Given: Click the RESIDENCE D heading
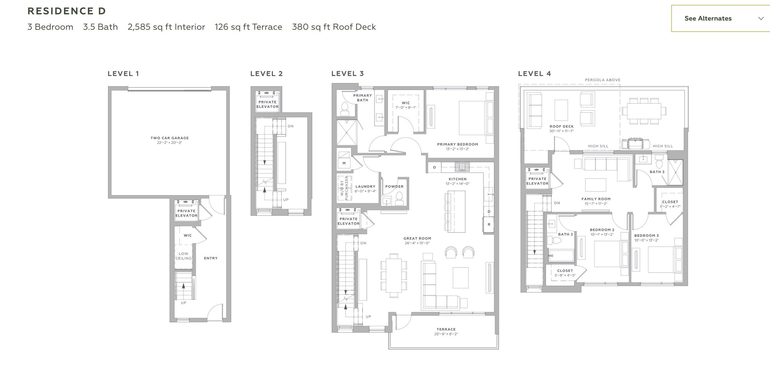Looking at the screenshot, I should coord(66,11).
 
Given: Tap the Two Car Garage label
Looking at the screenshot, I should coord(170,138).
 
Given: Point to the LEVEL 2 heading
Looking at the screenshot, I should coord(266,74).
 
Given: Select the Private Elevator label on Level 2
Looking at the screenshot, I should coord(267,104).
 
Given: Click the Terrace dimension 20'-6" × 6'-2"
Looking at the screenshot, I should coord(446,334).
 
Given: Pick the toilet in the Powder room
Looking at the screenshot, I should coord(399,198).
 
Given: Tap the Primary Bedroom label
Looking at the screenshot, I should coord(457,145).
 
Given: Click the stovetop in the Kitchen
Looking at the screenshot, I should coord(462,167).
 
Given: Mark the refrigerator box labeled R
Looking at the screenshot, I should coord(489,225).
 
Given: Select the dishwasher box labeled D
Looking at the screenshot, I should coord(489,212).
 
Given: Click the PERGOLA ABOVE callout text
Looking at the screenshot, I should coord(602,80).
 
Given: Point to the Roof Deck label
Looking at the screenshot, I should coord(561,127).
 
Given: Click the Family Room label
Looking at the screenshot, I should coord(596,199).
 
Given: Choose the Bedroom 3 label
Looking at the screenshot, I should coord(646,236).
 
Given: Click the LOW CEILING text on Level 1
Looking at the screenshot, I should coord(183,256).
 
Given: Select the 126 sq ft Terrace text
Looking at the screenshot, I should coord(248,27).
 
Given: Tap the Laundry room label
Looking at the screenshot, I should coord(365,187).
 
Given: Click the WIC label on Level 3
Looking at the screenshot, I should coord(405,103).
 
